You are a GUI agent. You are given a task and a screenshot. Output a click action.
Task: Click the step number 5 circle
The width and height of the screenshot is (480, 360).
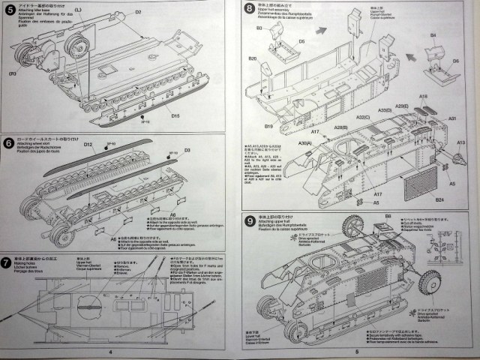pos(9,9)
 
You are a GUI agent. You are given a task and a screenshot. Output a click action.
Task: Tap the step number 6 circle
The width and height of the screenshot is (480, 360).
pos(9,141)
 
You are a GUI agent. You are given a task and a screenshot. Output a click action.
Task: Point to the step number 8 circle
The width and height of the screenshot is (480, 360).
pos(249,9)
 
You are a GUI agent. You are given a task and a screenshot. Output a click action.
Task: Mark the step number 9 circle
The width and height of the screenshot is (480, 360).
pos(249,219)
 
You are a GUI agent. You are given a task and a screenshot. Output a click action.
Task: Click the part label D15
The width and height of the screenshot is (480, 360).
pos(175,115)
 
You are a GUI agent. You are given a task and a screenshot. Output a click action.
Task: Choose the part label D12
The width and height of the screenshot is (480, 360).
pos(88,143)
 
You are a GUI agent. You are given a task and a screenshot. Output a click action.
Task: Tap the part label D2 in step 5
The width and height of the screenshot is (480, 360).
pos(138,12)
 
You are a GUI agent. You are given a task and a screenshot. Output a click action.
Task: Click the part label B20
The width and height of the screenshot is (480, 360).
pos(253,58)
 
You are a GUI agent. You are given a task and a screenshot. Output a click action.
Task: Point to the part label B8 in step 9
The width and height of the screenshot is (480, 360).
pos(388,217)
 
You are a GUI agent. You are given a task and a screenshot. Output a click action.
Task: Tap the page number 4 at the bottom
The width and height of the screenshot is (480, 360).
pos(110,351)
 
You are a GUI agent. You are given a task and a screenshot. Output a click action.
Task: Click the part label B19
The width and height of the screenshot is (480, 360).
pos(268,126)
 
